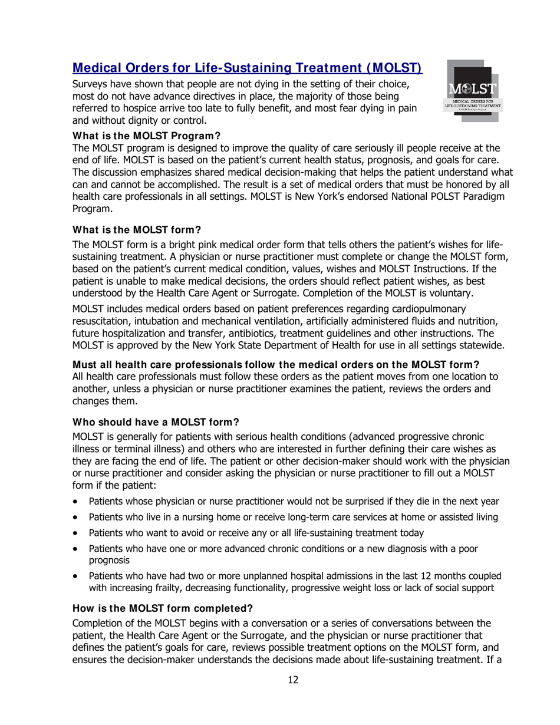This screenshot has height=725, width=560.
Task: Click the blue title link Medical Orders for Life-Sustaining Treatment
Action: click(x=247, y=68)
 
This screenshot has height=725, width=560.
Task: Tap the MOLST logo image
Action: click(x=473, y=91)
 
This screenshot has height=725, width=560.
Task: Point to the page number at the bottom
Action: click(x=293, y=680)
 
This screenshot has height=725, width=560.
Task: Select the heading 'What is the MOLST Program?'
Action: click(x=146, y=136)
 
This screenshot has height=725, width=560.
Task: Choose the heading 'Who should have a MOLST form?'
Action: click(x=156, y=422)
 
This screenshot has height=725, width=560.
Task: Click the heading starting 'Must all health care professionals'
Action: click(x=275, y=364)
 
